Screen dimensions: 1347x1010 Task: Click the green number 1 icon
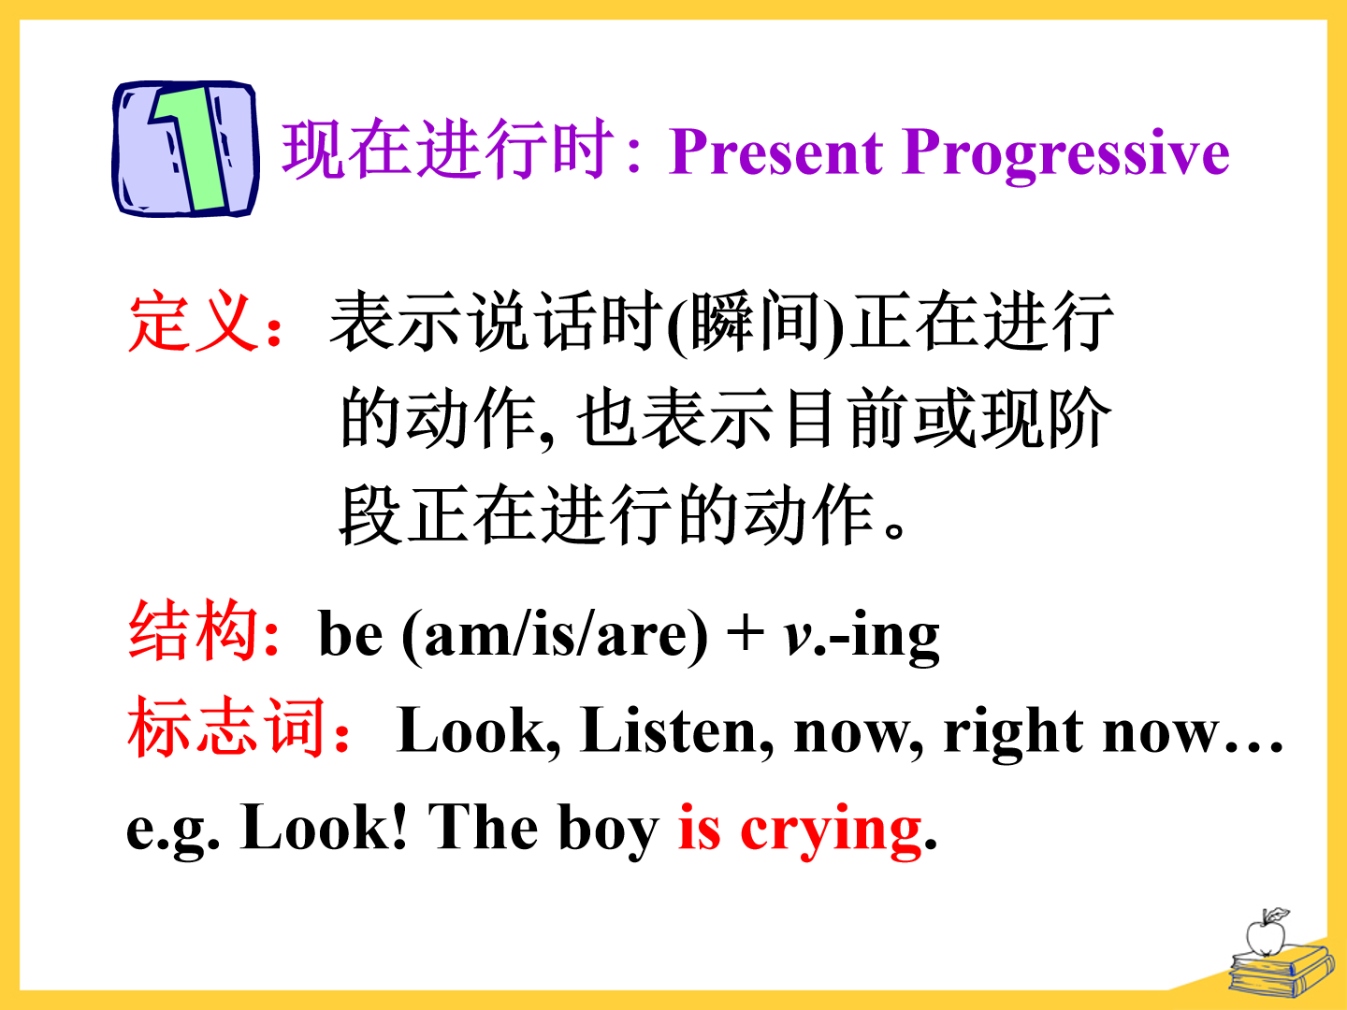(185, 149)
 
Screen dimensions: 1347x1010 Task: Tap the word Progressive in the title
(1066, 155)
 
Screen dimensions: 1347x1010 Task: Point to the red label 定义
(193, 322)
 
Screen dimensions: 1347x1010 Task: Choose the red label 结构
(193, 630)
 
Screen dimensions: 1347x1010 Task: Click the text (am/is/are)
(555, 637)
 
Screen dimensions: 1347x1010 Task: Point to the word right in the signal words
(1013, 733)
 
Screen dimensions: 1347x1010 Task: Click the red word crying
(831, 831)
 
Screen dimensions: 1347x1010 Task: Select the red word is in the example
(700, 827)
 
